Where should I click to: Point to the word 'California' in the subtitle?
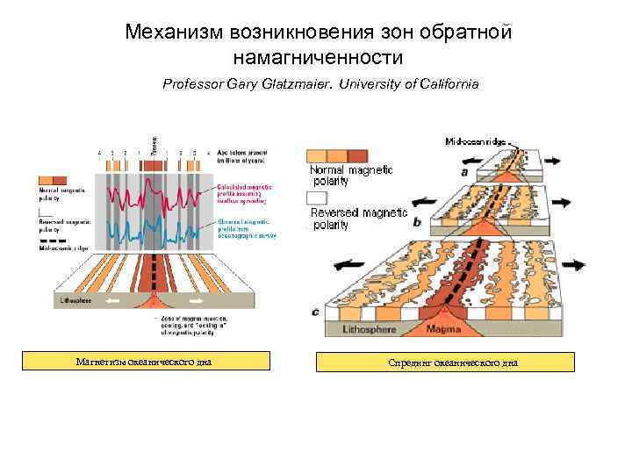coord(447,85)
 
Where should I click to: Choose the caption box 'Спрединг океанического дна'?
coord(445,362)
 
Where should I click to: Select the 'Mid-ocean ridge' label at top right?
coord(477,140)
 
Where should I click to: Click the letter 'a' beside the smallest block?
coord(463,172)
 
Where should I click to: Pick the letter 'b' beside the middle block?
coord(416,223)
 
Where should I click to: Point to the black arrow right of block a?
coord(554,161)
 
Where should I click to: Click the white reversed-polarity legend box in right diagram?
coord(317,197)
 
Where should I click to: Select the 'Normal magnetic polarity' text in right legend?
coord(351,175)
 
